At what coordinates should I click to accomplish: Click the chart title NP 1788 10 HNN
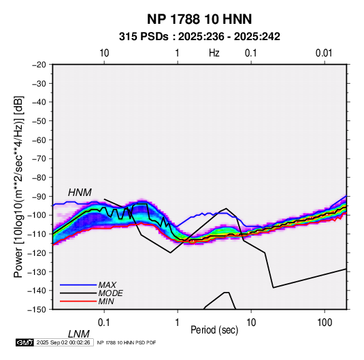point(199,19)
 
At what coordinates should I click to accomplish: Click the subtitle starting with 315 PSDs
point(199,37)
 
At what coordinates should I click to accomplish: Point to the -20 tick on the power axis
point(39,65)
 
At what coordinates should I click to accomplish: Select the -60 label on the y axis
point(39,140)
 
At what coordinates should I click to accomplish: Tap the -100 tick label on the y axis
point(37,215)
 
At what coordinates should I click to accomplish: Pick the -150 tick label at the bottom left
point(37,310)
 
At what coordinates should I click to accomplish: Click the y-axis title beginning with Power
point(18,186)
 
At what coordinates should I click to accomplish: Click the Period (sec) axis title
point(214,330)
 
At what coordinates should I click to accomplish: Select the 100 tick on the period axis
point(325,323)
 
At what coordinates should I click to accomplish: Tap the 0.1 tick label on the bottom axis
point(104,323)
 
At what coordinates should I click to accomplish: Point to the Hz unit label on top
point(214,53)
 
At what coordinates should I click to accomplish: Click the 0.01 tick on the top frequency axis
point(324,53)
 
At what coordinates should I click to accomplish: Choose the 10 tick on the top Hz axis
point(104,53)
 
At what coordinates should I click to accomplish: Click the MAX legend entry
point(107,285)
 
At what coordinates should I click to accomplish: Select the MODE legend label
point(110,293)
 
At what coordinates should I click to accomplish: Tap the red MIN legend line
point(78,301)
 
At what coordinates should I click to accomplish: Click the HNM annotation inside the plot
point(80,193)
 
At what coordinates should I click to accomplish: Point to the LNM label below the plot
point(79,334)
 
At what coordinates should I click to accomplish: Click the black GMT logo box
point(24,342)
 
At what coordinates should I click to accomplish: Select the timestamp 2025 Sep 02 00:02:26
point(63,342)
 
